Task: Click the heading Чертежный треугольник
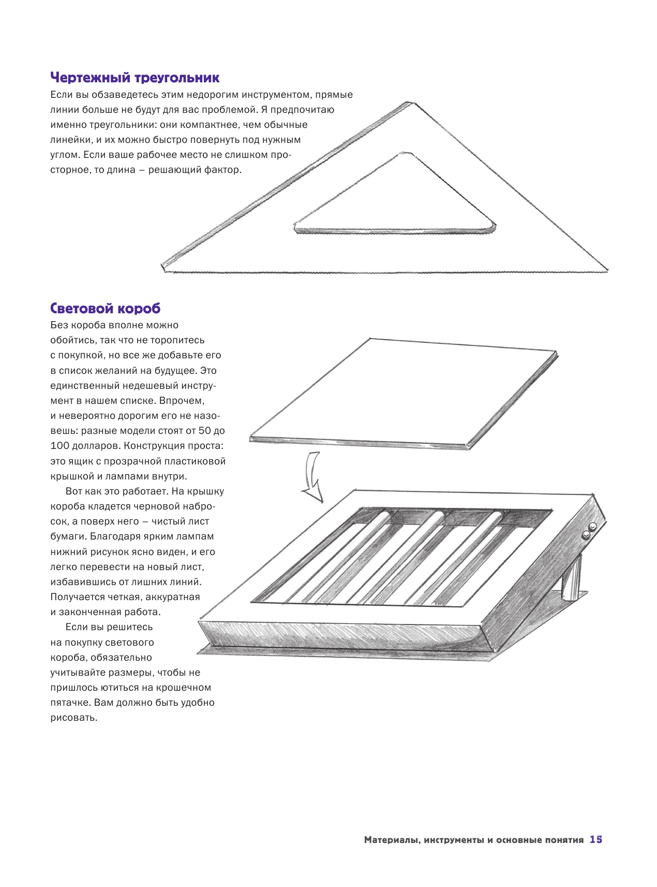135,78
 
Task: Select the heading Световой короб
105,309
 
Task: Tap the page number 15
596,839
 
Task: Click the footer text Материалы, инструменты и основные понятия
473,840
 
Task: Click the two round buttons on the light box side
589,530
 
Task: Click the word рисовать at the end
73,718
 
